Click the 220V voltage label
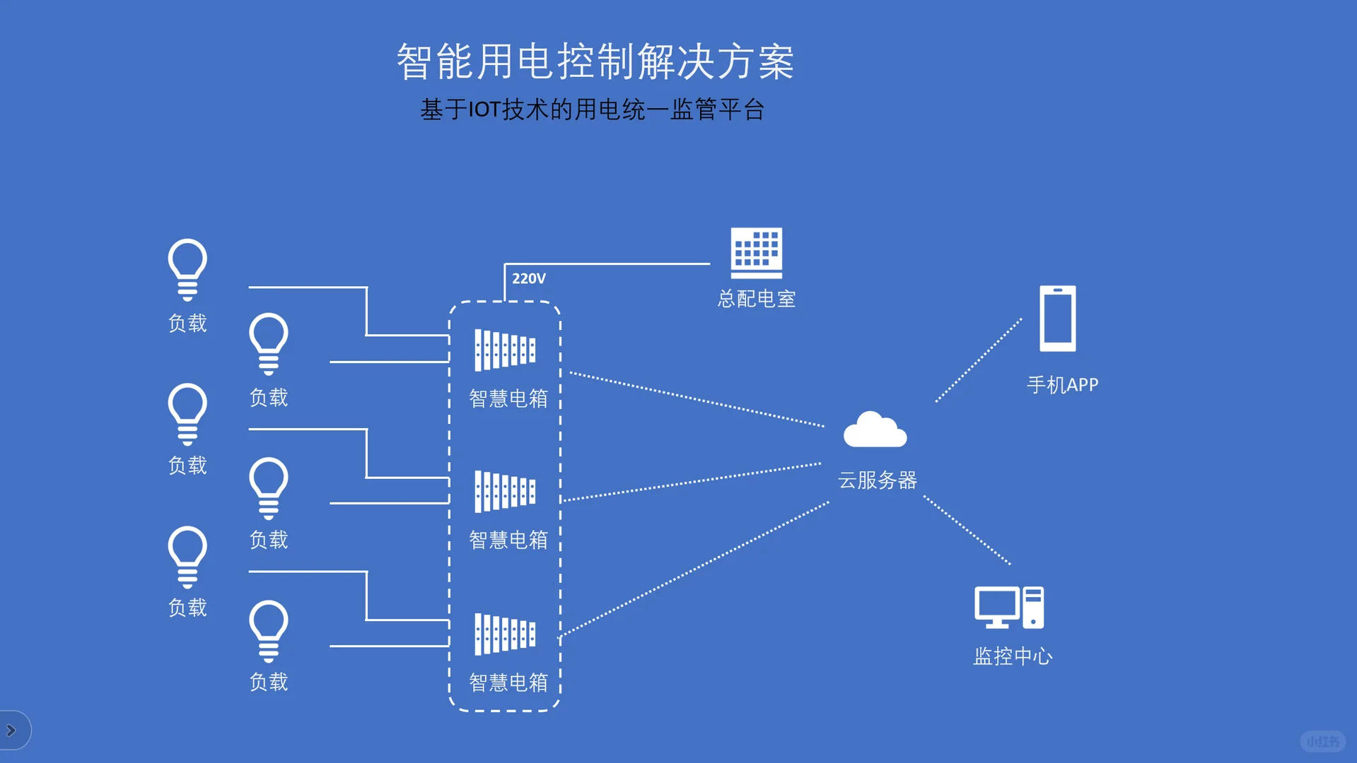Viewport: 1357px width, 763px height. coord(528,278)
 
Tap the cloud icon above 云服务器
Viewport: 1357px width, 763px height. coord(875,430)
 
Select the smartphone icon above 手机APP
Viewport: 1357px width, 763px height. coord(1057,319)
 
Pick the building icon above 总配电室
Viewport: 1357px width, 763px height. coord(756,253)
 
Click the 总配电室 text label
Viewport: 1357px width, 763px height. coord(756,299)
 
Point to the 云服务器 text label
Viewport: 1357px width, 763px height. coord(877,480)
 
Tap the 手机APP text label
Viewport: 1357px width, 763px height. coord(1062,385)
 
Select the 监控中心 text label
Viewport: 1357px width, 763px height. coord(1013,656)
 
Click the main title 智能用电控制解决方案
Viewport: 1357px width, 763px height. coord(595,61)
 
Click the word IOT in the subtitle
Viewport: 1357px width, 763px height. coord(484,110)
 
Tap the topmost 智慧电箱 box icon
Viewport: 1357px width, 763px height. coord(505,350)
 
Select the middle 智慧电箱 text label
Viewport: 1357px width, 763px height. coord(508,540)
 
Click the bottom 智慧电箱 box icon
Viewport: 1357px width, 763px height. coord(505,634)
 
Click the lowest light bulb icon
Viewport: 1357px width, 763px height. coord(269,631)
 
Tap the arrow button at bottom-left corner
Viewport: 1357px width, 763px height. coord(12,730)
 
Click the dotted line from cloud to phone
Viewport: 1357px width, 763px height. coord(979,360)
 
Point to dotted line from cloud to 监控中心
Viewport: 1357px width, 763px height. coord(967,530)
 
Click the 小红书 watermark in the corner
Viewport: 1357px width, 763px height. coord(1322,741)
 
